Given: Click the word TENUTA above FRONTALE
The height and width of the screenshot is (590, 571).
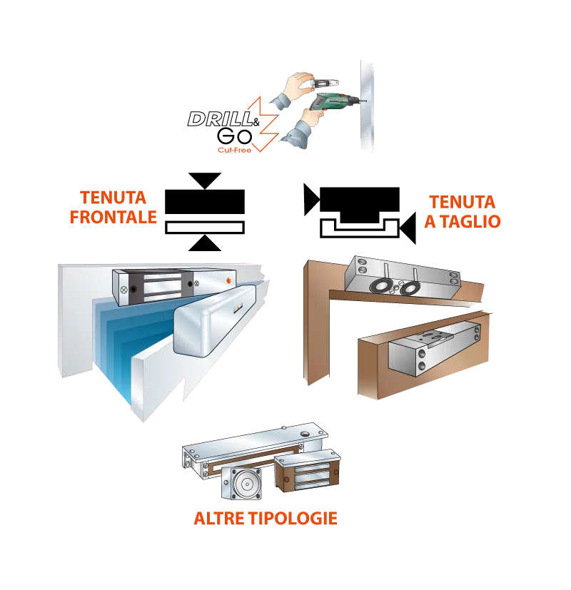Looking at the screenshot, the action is click(113, 198).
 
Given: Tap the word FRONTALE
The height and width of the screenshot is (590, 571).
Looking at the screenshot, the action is click(113, 217).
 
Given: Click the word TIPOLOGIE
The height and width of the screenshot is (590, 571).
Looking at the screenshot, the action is click(293, 518).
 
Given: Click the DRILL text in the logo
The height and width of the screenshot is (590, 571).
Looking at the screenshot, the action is click(221, 119).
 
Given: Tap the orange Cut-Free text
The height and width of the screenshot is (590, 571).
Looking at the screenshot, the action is click(234, 150).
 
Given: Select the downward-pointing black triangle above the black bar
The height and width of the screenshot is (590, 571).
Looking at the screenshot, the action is click(204, 180).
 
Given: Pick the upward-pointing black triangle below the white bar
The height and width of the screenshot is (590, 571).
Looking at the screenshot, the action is click(204, 243).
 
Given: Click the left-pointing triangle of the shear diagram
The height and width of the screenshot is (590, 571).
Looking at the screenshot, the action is click(408, 228).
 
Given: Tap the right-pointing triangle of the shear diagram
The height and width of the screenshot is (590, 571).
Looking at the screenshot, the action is click(312, 200).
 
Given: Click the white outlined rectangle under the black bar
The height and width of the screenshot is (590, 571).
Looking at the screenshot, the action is click(205, 228).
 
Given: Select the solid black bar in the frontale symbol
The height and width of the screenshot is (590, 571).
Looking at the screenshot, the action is click(205, 202).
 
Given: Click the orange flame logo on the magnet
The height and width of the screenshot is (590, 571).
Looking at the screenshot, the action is click(228, 280).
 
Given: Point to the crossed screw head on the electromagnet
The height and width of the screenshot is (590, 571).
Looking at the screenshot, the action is click(123, 290).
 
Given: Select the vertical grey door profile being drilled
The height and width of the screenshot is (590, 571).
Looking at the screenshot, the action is click(367, 106).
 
